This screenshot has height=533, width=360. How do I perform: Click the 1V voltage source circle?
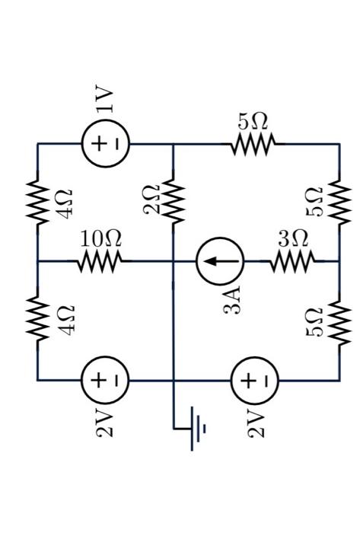[x=106, y=142]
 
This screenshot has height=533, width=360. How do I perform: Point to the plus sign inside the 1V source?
[x=98, y=142]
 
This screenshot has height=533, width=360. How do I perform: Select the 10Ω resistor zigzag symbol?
[x=98, y=262]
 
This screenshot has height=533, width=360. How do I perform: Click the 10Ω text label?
[x=101, y=238]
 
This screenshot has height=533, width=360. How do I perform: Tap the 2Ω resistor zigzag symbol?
[x=174, y=201]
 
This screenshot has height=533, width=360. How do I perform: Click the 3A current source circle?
[x=220, y=261]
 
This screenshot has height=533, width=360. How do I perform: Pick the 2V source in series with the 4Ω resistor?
[x=106, y=378]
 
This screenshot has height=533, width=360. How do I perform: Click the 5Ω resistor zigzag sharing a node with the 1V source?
[x=253, y=142]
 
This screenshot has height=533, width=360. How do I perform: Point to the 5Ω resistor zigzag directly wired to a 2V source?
[x=339, y=320]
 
